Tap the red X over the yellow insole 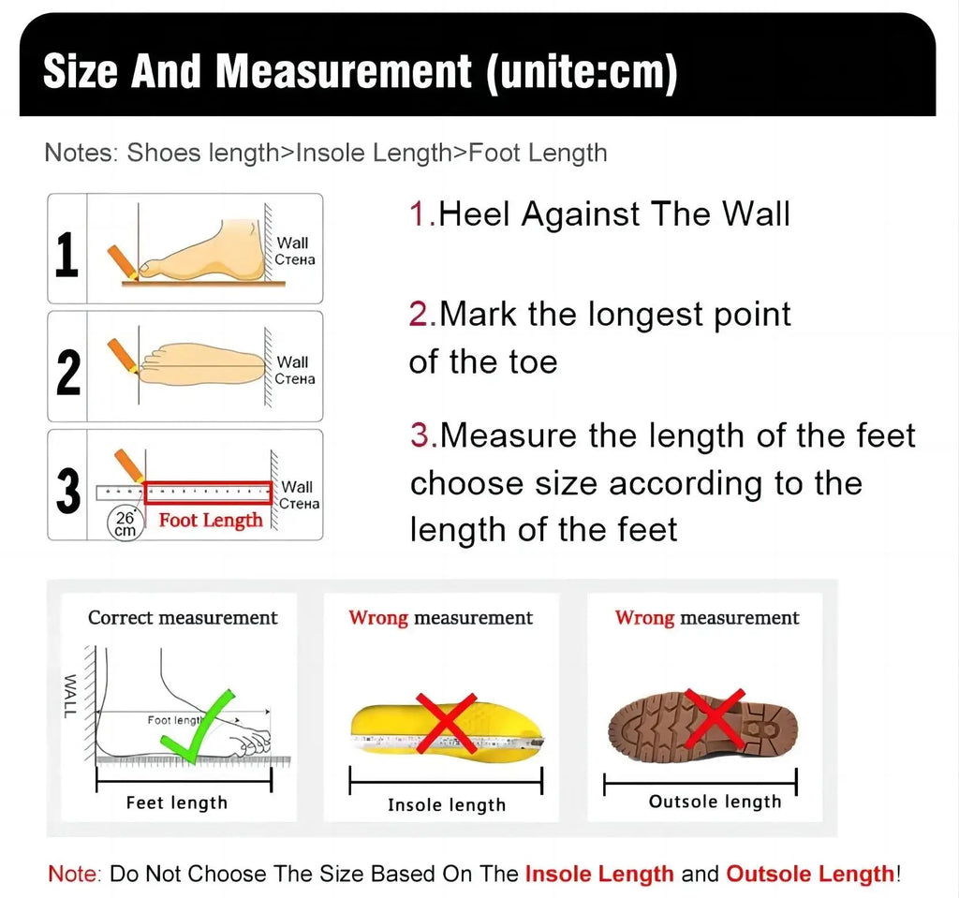tap(446, 723)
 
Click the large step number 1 tap(66, 255)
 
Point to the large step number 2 tap(67, 372)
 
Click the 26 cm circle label tap(125, 523)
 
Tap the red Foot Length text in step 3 tap(210, 521)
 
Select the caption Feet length tap(176, 802)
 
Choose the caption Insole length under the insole tap(446, 805)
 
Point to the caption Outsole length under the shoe tap(715, 802)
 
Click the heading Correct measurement tap(183, 618)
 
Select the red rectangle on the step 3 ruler tap(208, 492)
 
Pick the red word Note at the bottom tap(71, 875)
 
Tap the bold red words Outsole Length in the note tap(810, 875)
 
